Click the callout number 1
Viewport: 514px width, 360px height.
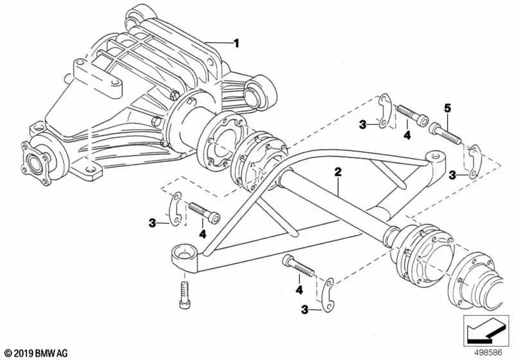click(x=236, y=43)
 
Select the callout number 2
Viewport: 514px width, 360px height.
click(x=338, y=172)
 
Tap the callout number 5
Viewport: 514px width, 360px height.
click(x=447, y=107)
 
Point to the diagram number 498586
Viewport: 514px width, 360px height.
click(x=488, y=353)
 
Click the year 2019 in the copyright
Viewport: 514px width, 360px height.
click(x=23, y=354)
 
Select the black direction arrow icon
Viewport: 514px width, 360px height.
click(x=486, y=331)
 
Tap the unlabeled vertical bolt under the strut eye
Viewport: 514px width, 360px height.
click(x=184, y=295)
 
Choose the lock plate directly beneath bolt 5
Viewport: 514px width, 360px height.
click(x=474, y=162)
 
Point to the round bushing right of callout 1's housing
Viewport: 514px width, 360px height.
click(x=260, y=91)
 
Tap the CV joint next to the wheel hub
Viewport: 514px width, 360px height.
click(x=419, y=255)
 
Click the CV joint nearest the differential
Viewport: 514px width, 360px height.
click(x=259, y=161)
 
